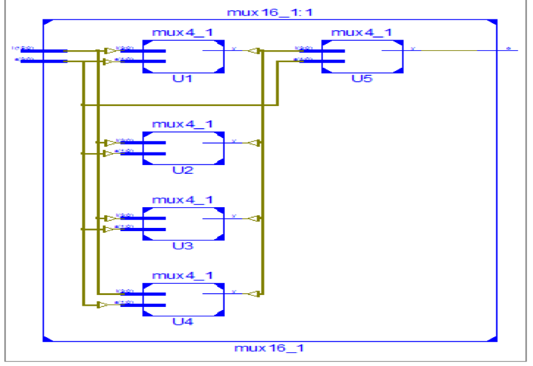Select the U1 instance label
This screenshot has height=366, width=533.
point(183,80)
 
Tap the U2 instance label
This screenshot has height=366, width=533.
point(183,171)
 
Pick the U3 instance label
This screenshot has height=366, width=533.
point(183,245)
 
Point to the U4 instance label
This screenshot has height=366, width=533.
point(183,321)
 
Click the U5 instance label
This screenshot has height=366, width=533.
point(362,80)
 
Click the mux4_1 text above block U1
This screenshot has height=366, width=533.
point(183,33)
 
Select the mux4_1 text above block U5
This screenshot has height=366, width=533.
point(362,33)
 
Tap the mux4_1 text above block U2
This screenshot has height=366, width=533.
point(183,124)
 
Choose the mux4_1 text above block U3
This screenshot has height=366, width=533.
point(183,200)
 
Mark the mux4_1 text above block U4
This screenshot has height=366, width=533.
point(183,275)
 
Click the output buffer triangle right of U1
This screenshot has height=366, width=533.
point(253,51)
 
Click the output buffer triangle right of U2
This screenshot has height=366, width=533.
point(253,143)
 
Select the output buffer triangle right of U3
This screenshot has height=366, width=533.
point(253,218)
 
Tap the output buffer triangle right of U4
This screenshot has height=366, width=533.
point(253,293)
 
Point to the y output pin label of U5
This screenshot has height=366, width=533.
point(412,48)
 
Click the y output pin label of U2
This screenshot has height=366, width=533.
point(234,141)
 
